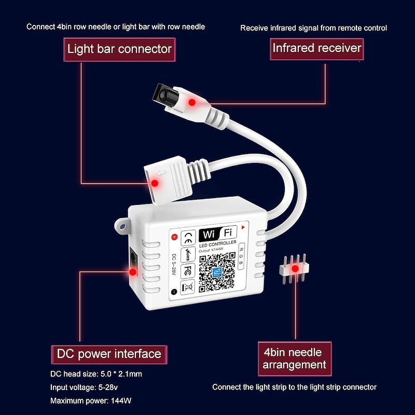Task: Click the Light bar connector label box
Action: [x=119, y=50]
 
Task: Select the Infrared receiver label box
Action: [x=316, y=48]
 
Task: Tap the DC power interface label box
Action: [x=109, y=354]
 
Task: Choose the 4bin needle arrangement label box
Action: [x=294, y=358]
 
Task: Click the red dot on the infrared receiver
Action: [x=191, y=102]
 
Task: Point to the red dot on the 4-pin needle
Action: [x=296, y=269]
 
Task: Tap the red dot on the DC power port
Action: [x=133, y=271]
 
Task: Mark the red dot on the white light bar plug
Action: [x=154, y=183]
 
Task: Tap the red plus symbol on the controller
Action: [x=174, y=238]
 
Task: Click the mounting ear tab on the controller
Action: [x=122, y=226]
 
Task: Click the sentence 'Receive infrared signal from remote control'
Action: [x=313, y=27]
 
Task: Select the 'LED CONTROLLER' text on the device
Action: [x=218, y=243]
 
